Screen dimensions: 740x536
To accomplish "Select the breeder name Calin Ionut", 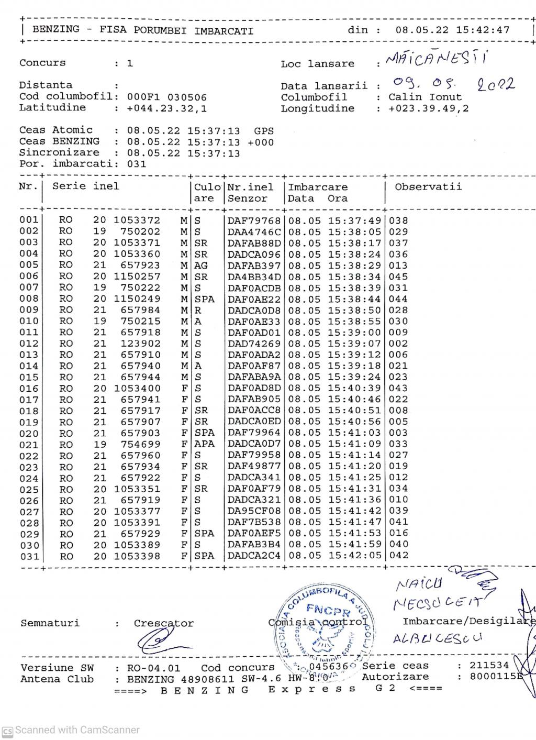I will pos(425,97).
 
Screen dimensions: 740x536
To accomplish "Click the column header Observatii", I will pos(428,187).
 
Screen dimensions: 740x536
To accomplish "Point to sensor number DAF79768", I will pos(254,220).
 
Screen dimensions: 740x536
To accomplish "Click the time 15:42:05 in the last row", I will pos(355,555).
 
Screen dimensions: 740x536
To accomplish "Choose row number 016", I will pos(29,389).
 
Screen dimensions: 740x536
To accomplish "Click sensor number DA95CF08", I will pos(254,511).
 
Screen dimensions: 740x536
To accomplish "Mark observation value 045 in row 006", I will pos(398,277).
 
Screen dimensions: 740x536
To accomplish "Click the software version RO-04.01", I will pos(153,668).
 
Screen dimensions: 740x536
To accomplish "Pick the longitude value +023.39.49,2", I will pos(429,108).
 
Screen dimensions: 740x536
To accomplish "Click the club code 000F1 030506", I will pos(167,97).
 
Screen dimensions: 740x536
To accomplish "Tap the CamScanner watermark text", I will pos(77,730).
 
